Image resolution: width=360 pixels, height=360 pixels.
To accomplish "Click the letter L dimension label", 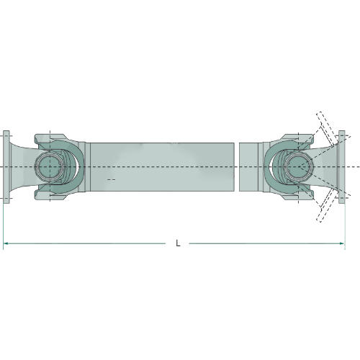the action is point(178,243).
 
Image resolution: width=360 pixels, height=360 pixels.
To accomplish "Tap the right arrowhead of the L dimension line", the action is point(342,243).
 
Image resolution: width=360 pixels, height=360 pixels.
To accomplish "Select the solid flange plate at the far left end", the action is point(6,167).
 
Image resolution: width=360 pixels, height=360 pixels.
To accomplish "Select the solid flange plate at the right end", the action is point(342,167).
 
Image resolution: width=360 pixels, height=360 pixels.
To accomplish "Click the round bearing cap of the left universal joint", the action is point(50,167).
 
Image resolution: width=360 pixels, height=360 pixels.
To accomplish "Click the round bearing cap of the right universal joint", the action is point(298,167).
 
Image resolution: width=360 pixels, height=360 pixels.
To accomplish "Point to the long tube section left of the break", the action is point(162,167).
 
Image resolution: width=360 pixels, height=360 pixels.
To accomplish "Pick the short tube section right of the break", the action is point(248,167).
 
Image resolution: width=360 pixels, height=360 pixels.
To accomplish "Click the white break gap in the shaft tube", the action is point(237,167).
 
